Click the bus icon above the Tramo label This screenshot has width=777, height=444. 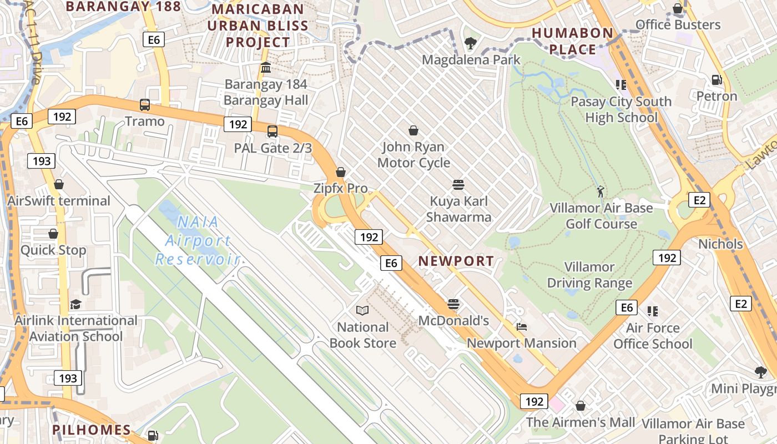[145, 104]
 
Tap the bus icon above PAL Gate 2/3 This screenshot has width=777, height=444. [272, 132]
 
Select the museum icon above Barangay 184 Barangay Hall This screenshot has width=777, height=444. [265, 68]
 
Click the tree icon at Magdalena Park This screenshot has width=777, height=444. [471, 43]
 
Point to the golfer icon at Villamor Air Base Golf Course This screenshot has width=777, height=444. [600, 191]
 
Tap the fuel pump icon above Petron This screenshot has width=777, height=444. [717, 80]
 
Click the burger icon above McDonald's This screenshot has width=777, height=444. [453, 304]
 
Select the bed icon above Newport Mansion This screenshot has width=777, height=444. [521, 326]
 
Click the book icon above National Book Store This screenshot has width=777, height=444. [362, 310]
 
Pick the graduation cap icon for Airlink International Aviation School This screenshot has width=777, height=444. [75, 304]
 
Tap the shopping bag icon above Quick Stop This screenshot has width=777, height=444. [53, 234]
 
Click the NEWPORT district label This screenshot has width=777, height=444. [456, 261]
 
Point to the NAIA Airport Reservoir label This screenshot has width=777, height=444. [197, 240]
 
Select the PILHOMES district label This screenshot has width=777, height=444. [92, 430]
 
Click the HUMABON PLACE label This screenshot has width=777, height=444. [572, 41]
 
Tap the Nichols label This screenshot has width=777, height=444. [720, 244]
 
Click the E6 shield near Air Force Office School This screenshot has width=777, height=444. [627, 307]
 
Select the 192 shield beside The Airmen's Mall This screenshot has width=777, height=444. [534, 401]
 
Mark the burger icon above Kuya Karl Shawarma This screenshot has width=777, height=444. [458, 184]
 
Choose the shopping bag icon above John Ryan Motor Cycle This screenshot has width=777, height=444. [413, 130]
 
